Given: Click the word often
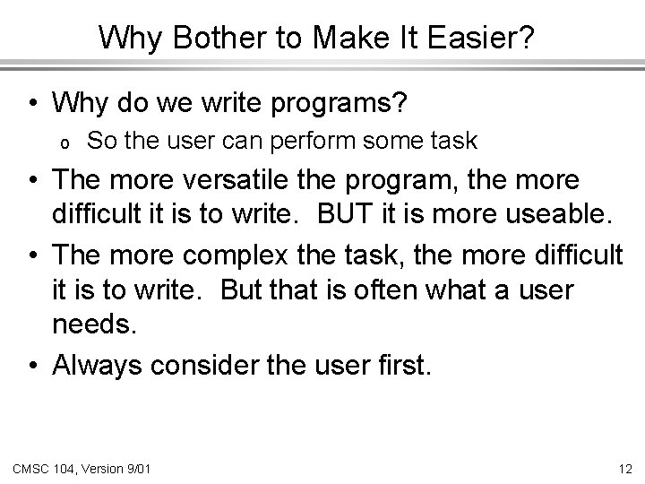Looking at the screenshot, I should pos(390,292).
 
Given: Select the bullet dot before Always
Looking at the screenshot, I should pos(33,365).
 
